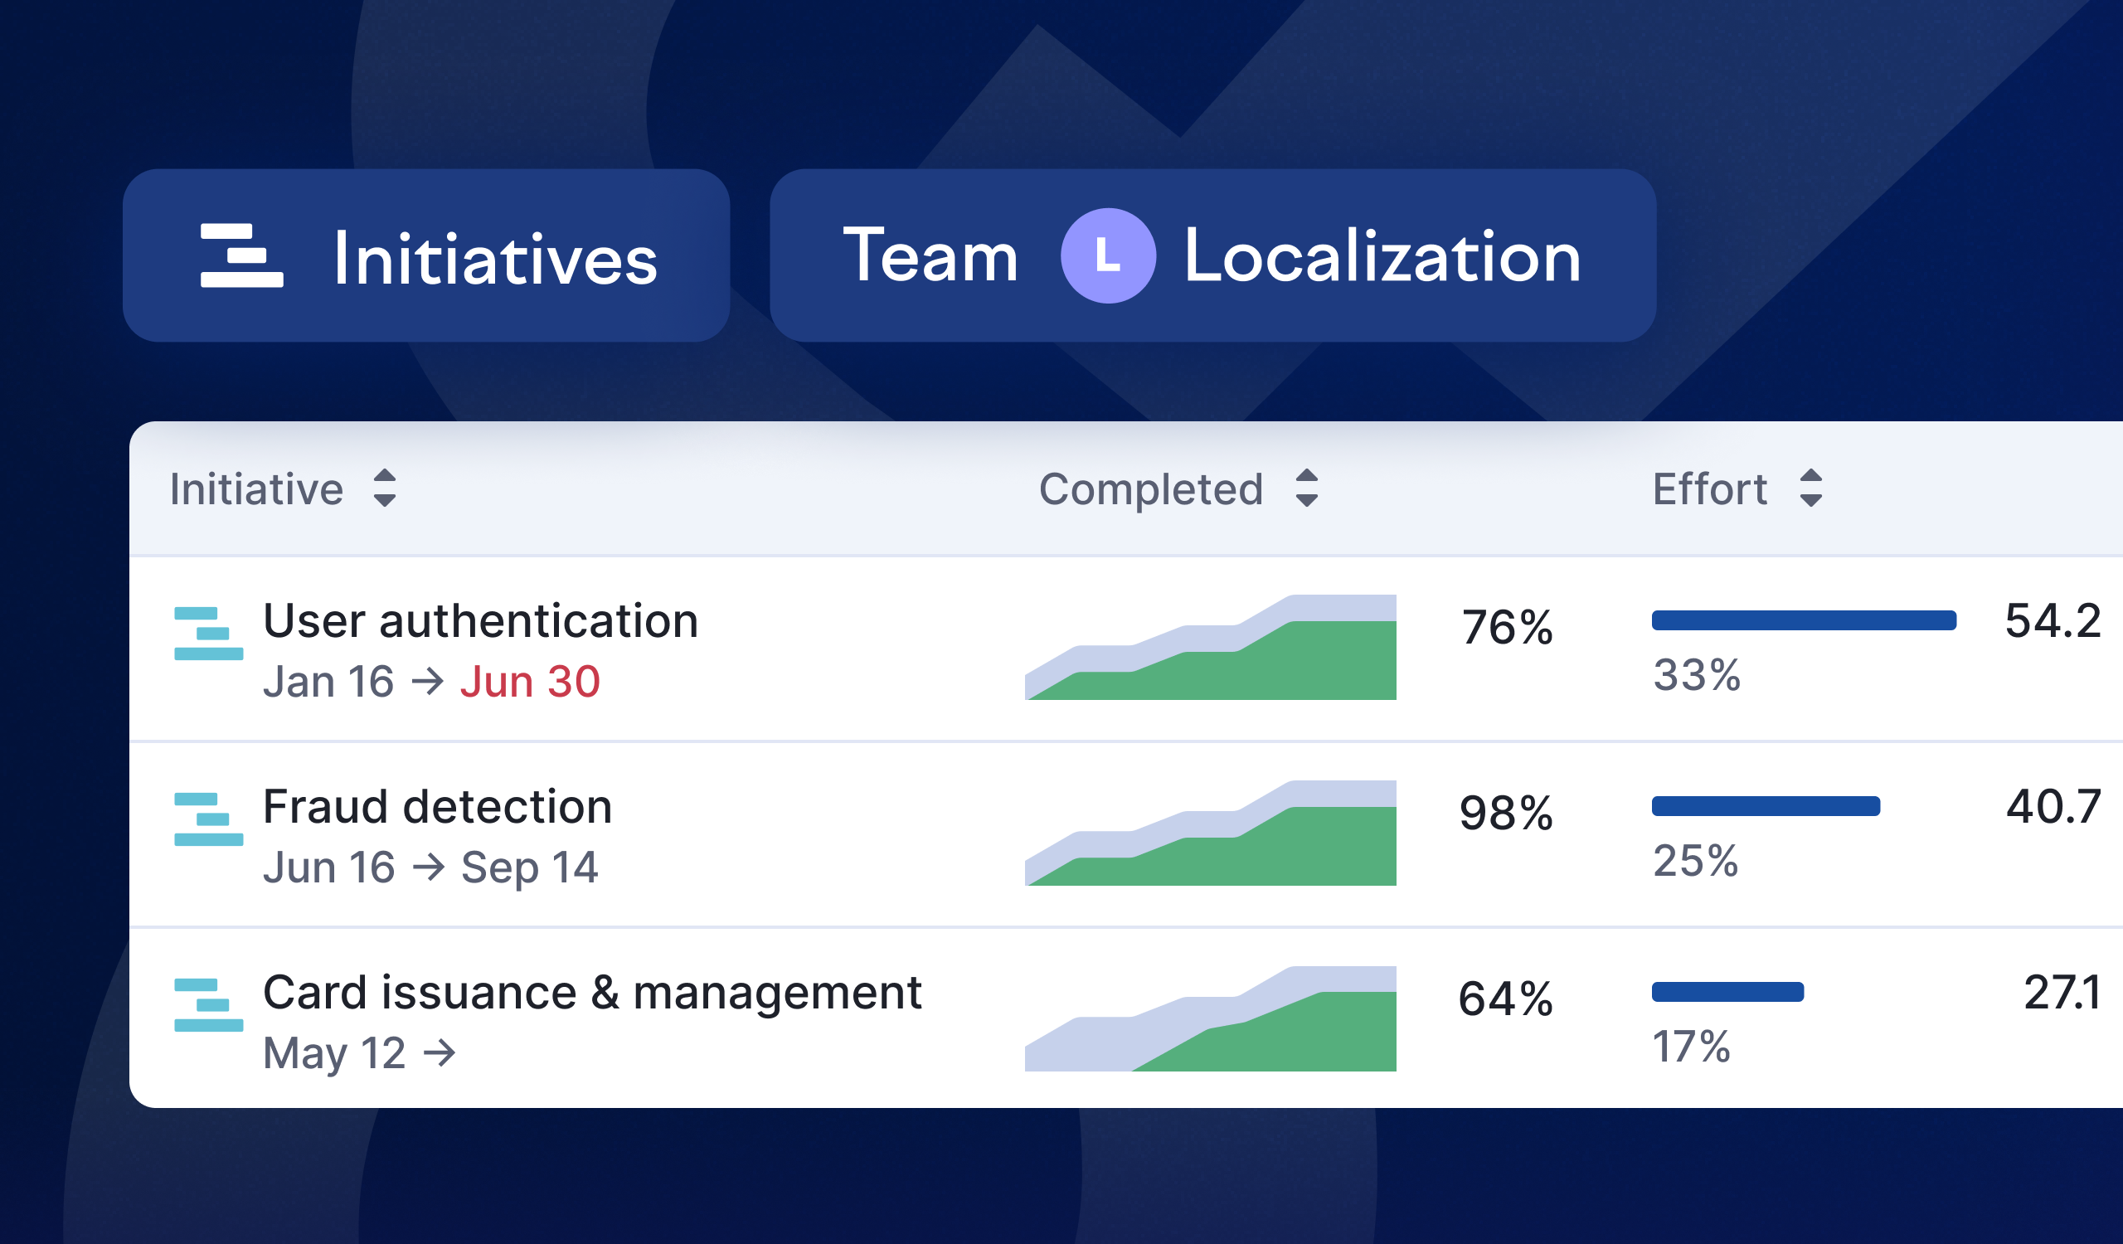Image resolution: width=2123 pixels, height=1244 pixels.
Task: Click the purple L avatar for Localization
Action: (1108, 256)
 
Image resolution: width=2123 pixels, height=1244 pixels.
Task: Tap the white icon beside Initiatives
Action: (242, 255)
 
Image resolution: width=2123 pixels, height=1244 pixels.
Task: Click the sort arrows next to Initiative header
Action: (385, 488)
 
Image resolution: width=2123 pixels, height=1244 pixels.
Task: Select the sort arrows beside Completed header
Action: (1307, 488)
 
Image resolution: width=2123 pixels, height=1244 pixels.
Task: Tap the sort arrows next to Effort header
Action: (1810, 488)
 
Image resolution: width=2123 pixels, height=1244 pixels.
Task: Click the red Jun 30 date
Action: (530, 682)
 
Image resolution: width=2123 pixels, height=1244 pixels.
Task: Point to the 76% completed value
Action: (1507, 628)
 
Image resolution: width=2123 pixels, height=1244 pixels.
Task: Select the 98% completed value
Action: (1506, 814)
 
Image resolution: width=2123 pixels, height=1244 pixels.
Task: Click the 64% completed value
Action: (1505, 999)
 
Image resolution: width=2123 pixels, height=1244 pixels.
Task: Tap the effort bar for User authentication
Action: (1804, 620)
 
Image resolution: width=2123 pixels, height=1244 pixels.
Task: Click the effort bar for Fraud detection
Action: (1766, 807)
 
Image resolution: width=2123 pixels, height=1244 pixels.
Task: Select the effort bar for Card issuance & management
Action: (1728, 992)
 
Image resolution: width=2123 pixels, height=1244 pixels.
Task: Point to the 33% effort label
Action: (1697, 675)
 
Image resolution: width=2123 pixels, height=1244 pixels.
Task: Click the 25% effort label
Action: (1696, 861)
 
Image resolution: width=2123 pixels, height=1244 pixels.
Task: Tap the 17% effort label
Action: (1692, 1047)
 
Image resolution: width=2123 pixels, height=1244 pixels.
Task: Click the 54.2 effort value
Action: (2053, 621)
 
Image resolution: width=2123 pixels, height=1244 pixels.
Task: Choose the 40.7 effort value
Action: (2053, 807)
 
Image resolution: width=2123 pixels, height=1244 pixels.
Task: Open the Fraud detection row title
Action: (437, 807)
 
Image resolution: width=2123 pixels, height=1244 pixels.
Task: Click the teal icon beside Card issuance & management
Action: (208, 1005)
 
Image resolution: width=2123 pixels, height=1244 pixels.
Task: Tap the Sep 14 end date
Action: (530, 867)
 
